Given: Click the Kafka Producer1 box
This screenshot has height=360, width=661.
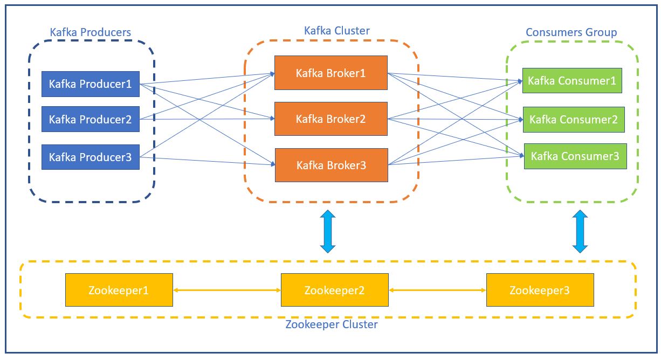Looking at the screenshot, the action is pos(90,84).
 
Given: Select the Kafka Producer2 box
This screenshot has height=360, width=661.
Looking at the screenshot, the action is pos(90,119).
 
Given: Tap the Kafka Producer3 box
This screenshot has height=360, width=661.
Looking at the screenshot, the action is pos(90,157).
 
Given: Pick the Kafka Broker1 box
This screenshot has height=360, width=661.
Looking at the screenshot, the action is pos(331,73).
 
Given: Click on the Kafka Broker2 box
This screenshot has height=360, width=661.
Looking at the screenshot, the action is pos(331,119).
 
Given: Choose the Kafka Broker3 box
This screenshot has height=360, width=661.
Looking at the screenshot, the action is pos(332,165).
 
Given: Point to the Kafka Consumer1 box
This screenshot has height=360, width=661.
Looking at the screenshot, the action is pos(572,80).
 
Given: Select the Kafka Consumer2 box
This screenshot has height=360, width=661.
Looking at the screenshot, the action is pos(574,120).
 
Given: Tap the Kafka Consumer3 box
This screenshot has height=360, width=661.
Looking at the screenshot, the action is pos(575,156).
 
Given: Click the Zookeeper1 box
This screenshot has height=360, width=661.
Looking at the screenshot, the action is pos(119,290).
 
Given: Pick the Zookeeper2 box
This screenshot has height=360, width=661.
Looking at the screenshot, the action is pos(335,290).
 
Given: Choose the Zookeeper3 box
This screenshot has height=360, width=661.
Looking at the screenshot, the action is pos(540,290).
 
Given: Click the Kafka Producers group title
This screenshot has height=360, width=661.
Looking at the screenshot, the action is pos(90,32).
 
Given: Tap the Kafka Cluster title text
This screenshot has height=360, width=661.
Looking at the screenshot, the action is pos(336,31).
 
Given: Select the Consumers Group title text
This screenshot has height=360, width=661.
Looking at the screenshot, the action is pos(572,32).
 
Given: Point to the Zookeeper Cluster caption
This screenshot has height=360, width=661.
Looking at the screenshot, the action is pos(332,324).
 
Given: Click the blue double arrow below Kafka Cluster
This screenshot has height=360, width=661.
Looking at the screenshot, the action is pos(328,231).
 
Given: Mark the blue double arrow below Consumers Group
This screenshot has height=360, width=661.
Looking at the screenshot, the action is pos(580,231).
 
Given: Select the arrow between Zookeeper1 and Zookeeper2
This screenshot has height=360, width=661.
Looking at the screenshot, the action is pos(227,290).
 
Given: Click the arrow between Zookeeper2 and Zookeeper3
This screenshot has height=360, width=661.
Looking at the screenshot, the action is pos(437,290).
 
